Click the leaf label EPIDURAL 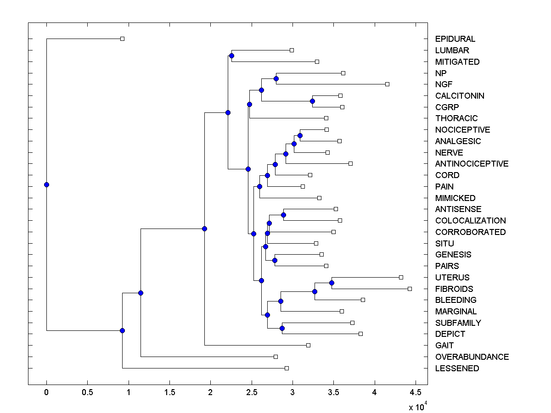pos(455,39)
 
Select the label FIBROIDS pos(454,289)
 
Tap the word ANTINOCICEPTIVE pos(472,164)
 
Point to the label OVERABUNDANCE pos(472,357)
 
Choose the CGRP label pos(447,107)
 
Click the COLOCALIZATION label pos(470,221)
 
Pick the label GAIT pos(444,346)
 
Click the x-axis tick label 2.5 pos(252,392)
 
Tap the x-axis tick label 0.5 pos(87,392)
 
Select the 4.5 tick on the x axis pos(416,392)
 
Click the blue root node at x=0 pos(46,184)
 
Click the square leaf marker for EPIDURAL pos(122,39)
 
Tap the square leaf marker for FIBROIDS pos(410,289)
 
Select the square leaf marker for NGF pos(387,84)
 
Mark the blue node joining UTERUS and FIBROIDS pos(332,283)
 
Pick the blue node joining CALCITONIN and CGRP pos(312,101)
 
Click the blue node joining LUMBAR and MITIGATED pos(231,56)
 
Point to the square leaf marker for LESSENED pos(287,368)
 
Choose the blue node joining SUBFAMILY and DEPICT pos(282,328)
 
